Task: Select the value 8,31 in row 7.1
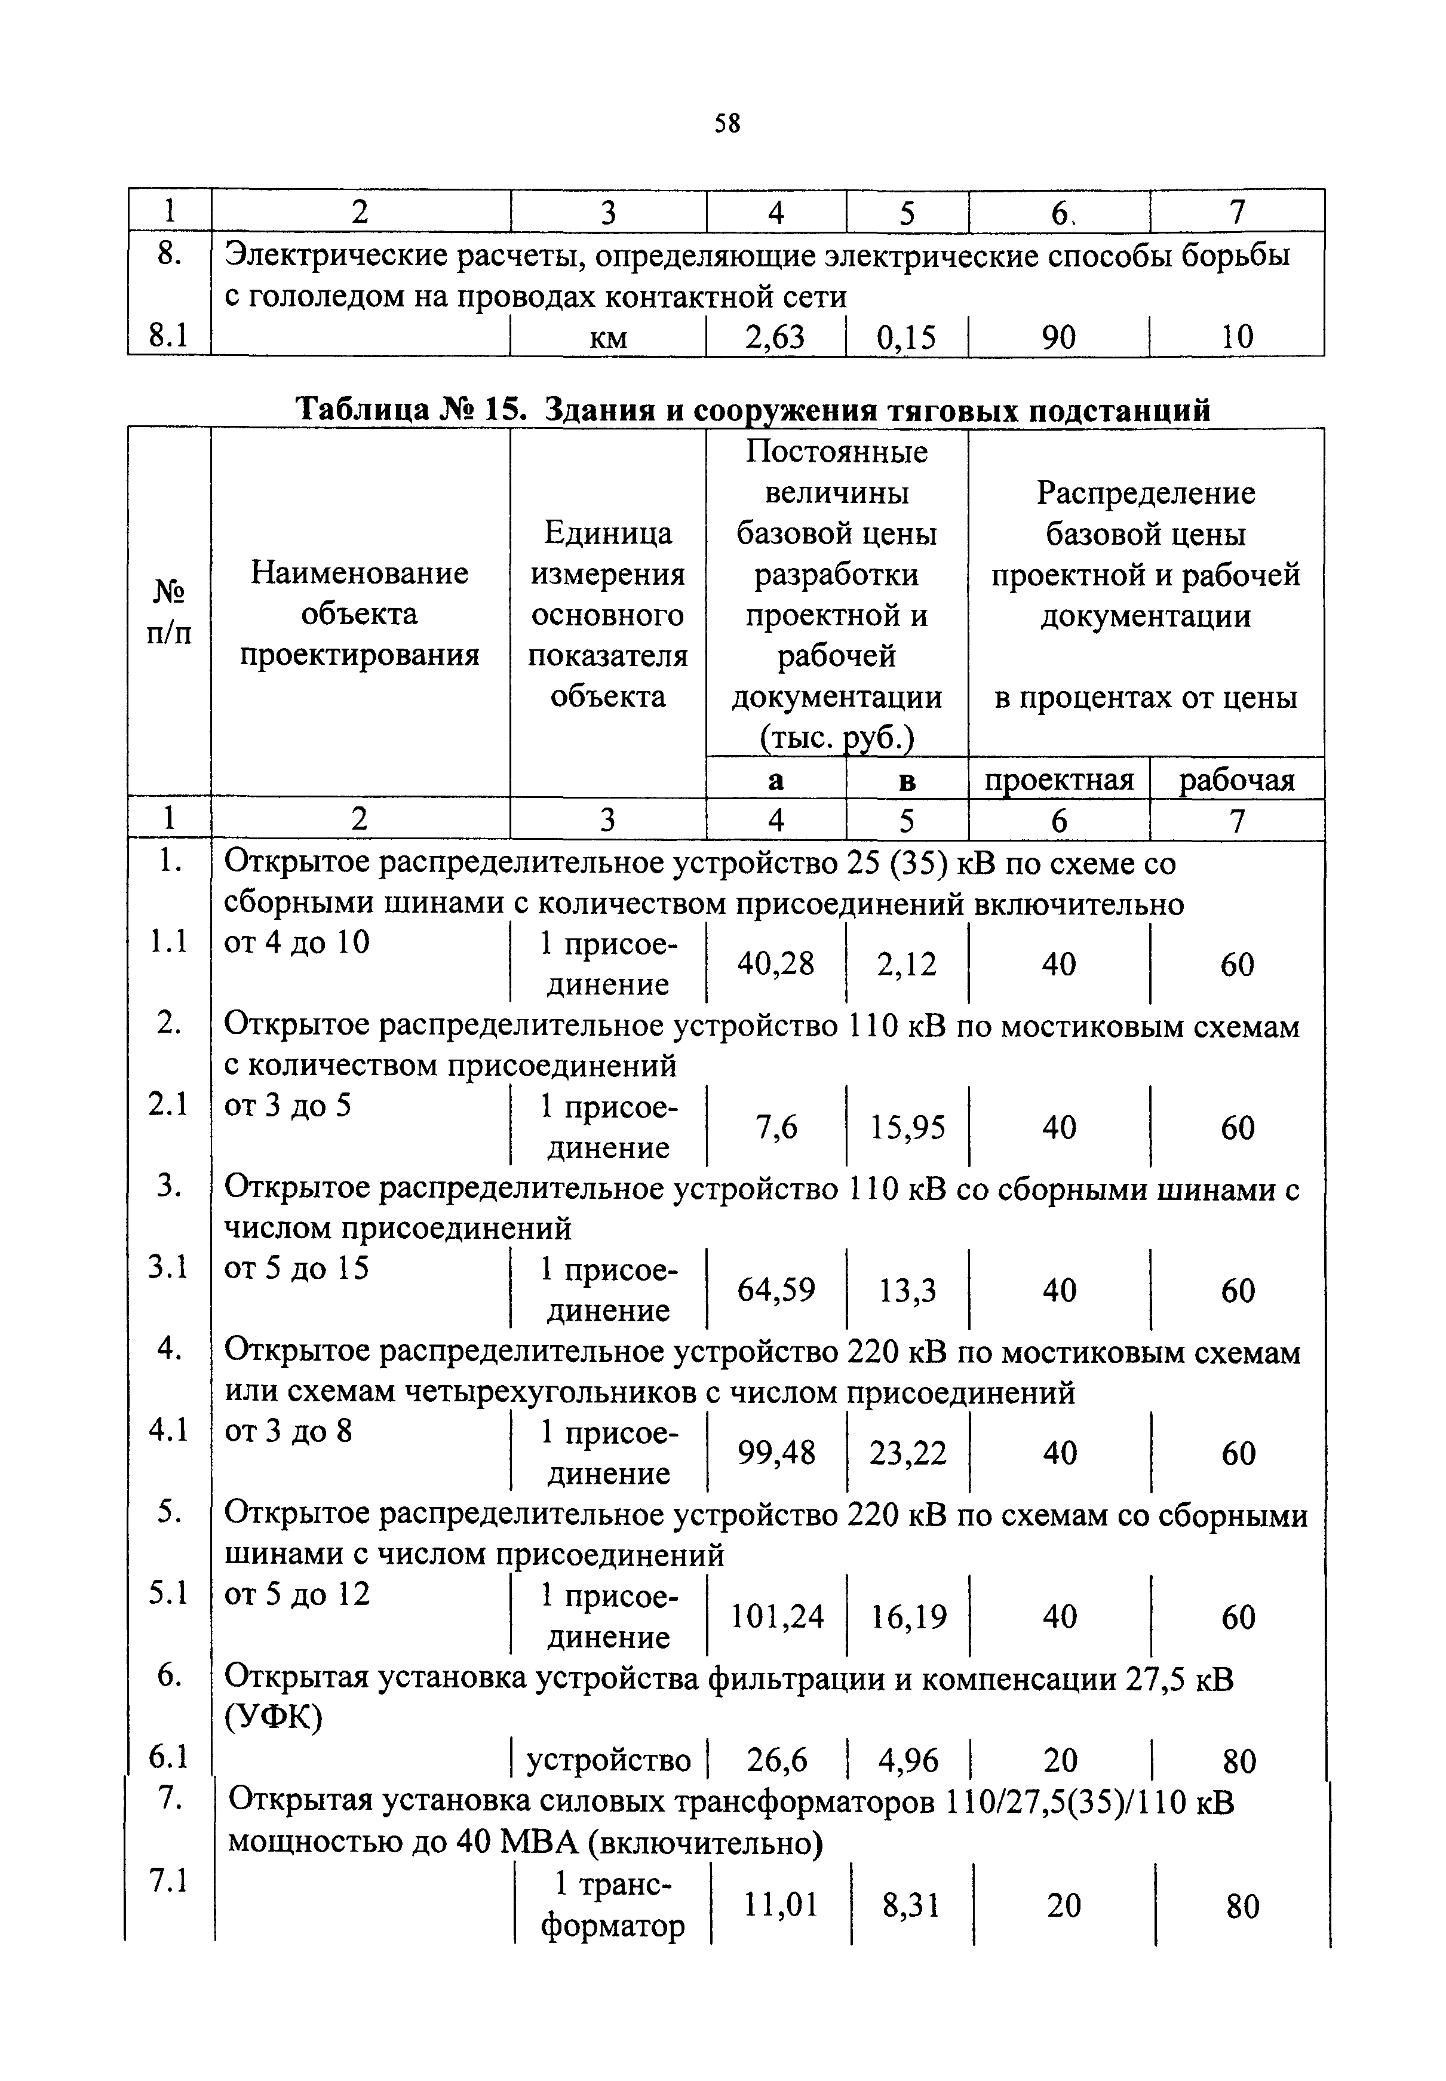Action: (x=911, y=1906)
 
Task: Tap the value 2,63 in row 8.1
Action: (x=775, y=337)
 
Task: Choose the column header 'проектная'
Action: (x=1059, y=779)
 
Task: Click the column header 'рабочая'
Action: (x=1237, y=779)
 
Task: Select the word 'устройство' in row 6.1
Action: (x=609, y=1760)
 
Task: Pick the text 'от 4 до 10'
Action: (x=297, y=942)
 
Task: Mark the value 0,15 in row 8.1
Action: (x=907, y=337)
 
